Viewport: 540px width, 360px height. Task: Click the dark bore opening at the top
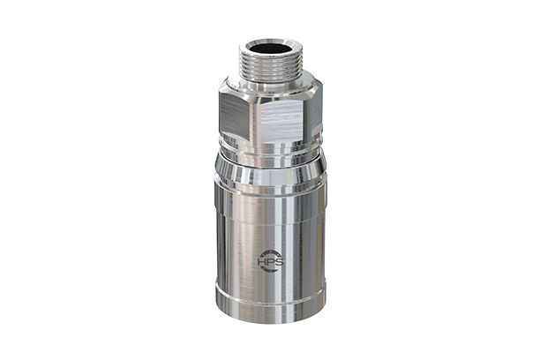269,45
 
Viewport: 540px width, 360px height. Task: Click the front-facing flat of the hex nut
280,115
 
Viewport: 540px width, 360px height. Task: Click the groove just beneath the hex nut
270,150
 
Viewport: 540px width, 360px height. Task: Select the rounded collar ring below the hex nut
270,160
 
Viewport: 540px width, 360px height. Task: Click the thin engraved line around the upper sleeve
270,188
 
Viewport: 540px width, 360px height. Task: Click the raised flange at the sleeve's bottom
270,300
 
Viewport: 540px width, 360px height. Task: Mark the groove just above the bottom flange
270,284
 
